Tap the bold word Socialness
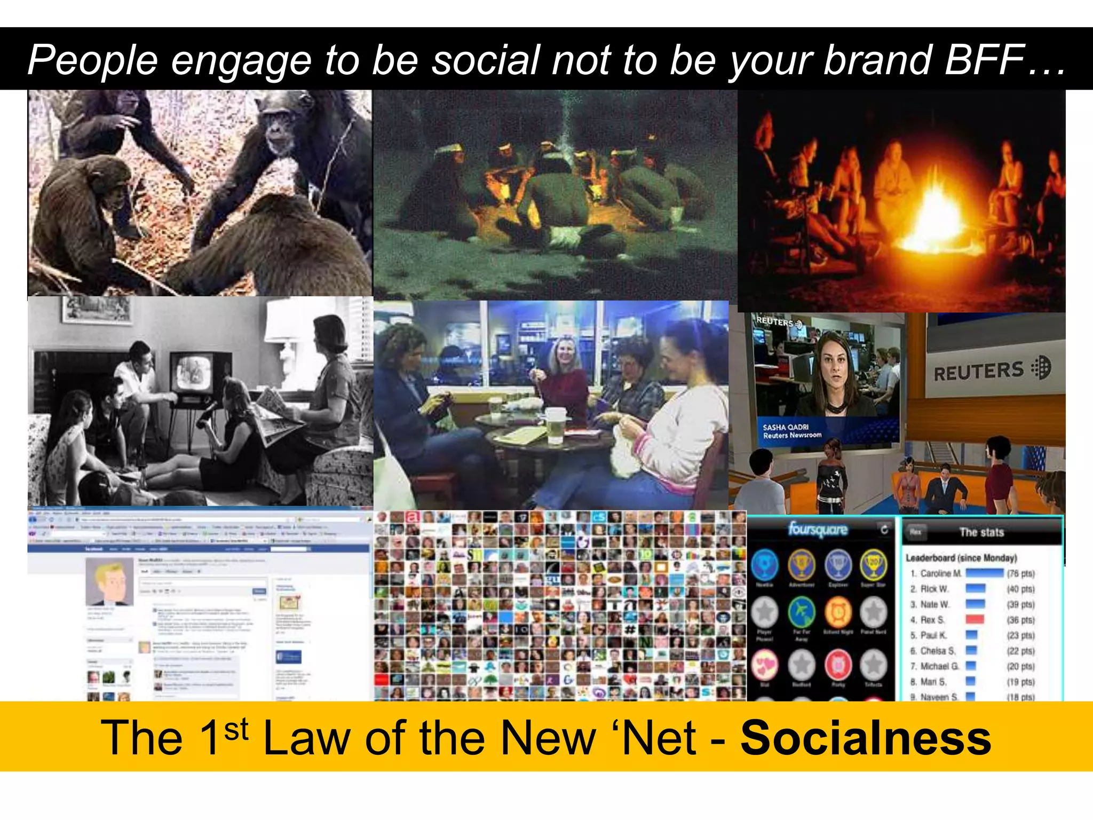click(x=866, y=737)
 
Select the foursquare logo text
click(x=818, y=529)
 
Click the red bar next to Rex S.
click(x=975, y=620)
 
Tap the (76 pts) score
click(x=1020, y=573)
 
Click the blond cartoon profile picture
click(x=109, y=582)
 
